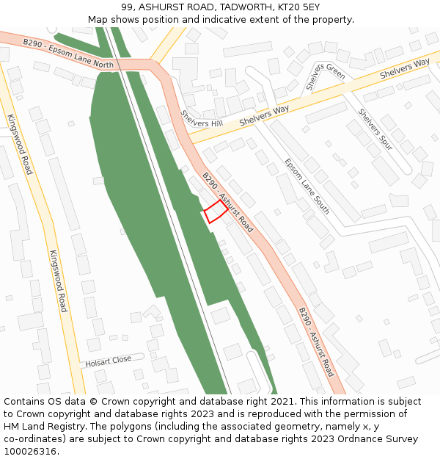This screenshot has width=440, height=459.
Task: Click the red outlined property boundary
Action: (215, 212)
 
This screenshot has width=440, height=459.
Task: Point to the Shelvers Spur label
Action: (375, 129)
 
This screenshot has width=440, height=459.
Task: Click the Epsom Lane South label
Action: (307, 187)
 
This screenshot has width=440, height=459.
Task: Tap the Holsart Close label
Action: (108, 361)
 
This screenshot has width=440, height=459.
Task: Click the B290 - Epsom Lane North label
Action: (68, 54)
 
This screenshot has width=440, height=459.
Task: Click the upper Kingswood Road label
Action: (20, 144)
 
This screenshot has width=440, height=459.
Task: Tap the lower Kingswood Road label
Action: (58, 281)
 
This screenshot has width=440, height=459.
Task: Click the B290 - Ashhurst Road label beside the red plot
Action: (227, 202)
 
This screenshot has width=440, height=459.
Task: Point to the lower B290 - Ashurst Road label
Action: (316, 342)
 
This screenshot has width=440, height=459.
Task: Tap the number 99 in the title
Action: (127, 7)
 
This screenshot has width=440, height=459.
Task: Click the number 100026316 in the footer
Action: (29, 452)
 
